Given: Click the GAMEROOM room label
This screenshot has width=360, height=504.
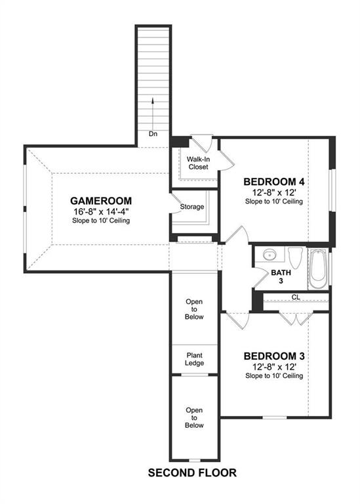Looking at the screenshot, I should (101, 201).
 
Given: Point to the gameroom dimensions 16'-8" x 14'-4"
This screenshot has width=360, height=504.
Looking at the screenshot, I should (101, 211).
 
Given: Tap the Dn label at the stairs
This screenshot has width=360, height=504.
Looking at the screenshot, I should (153, 133).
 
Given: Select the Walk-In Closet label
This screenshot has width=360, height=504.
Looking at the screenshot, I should (197, 163).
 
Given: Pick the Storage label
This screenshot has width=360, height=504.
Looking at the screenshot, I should (192, 207).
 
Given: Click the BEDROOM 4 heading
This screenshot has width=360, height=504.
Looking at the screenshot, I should (274, 182).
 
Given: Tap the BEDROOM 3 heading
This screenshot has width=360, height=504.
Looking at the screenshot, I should (274, 356).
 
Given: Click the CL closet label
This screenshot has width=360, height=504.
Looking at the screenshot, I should (296, 297).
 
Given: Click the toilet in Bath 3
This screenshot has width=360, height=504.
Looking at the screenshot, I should (294, 257).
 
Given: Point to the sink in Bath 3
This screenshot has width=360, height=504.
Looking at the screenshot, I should (270, 255).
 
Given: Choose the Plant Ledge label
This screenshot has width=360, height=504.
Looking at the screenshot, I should (194, 358).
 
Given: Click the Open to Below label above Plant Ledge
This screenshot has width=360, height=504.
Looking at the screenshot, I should (194, 309).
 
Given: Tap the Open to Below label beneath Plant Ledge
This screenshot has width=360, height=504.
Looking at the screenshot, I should (194, 417).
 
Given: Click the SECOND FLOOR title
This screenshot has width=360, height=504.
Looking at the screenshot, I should (191, 472).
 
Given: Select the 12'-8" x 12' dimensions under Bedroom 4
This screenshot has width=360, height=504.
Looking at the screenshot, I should (274, 192).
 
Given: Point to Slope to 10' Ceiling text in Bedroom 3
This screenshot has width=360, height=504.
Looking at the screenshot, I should (274, 376).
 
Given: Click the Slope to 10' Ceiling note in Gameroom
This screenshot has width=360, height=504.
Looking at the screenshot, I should (101, 221).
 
